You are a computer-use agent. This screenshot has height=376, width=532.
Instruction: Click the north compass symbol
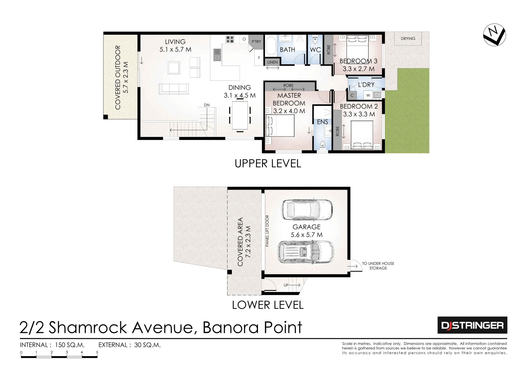494,35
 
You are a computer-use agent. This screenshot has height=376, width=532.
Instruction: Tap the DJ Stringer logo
472,325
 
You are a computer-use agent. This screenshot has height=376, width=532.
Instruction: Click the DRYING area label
408,39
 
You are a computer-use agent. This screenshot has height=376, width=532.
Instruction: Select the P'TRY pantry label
256,42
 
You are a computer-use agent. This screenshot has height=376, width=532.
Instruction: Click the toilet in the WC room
315,40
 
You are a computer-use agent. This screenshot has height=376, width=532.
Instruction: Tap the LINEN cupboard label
272,62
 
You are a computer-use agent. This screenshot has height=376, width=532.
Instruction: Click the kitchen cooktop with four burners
230,39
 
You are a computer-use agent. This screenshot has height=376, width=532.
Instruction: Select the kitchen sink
217,55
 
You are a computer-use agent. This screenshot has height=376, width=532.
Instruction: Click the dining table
240,115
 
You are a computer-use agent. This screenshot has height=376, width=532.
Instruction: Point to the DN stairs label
207,105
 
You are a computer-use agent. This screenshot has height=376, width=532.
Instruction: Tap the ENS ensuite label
323,122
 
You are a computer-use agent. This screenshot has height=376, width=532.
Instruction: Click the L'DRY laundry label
366,85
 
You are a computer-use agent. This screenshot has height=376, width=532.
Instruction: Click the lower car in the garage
306,252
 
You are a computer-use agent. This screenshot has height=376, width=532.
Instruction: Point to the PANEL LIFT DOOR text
267,231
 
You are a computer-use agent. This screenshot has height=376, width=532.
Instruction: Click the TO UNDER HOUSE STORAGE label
378,266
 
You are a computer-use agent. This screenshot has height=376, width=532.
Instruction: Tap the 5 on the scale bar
97,352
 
